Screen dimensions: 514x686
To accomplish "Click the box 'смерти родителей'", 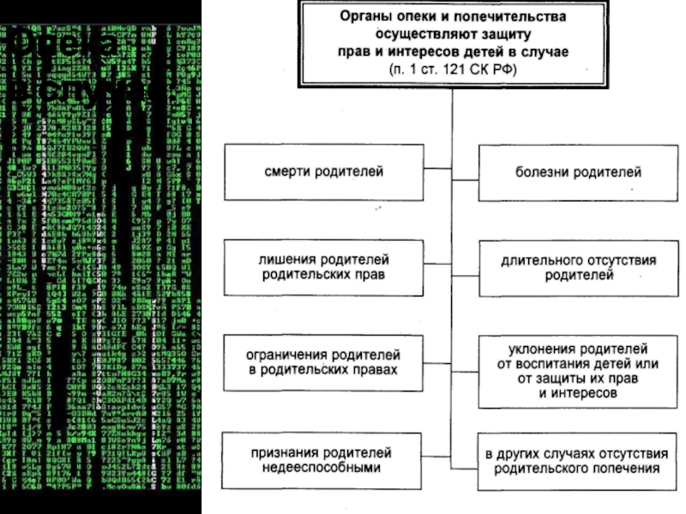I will click(x=323, y=172).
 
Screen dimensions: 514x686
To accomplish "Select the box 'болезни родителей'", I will click(x=578, y=172).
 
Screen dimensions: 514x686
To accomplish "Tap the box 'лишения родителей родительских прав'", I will click(x=323, y=266).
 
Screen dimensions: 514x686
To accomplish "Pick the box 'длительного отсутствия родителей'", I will click(x=578, y=266).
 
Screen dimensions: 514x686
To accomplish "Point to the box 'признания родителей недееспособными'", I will click(x=323, y=460).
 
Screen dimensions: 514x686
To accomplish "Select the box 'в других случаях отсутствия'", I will click(x=578, y=460).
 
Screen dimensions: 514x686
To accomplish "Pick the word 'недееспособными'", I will click(x=323, y=469).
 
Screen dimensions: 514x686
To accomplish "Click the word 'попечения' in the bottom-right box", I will click(x=623, y=469).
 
